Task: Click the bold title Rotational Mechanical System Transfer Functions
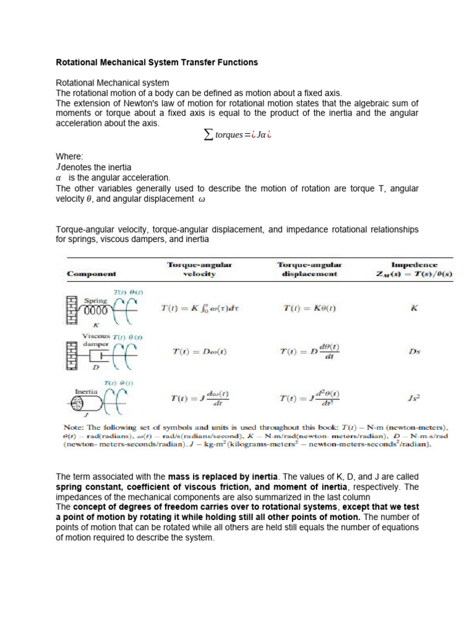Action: (157, 63)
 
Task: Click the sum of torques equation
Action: (237, 136)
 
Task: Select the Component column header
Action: (92, 273)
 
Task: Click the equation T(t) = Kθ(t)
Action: (309, 307)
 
